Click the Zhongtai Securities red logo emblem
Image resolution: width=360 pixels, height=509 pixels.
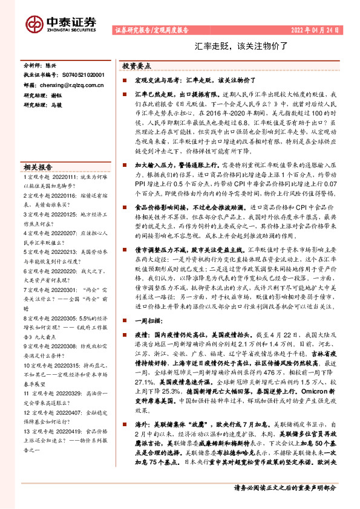tap(34, 23)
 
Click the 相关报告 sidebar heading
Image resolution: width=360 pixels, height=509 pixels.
tap(38, 167)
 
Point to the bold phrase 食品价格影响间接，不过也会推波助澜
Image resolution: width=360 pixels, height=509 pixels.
tap(191, 207)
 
